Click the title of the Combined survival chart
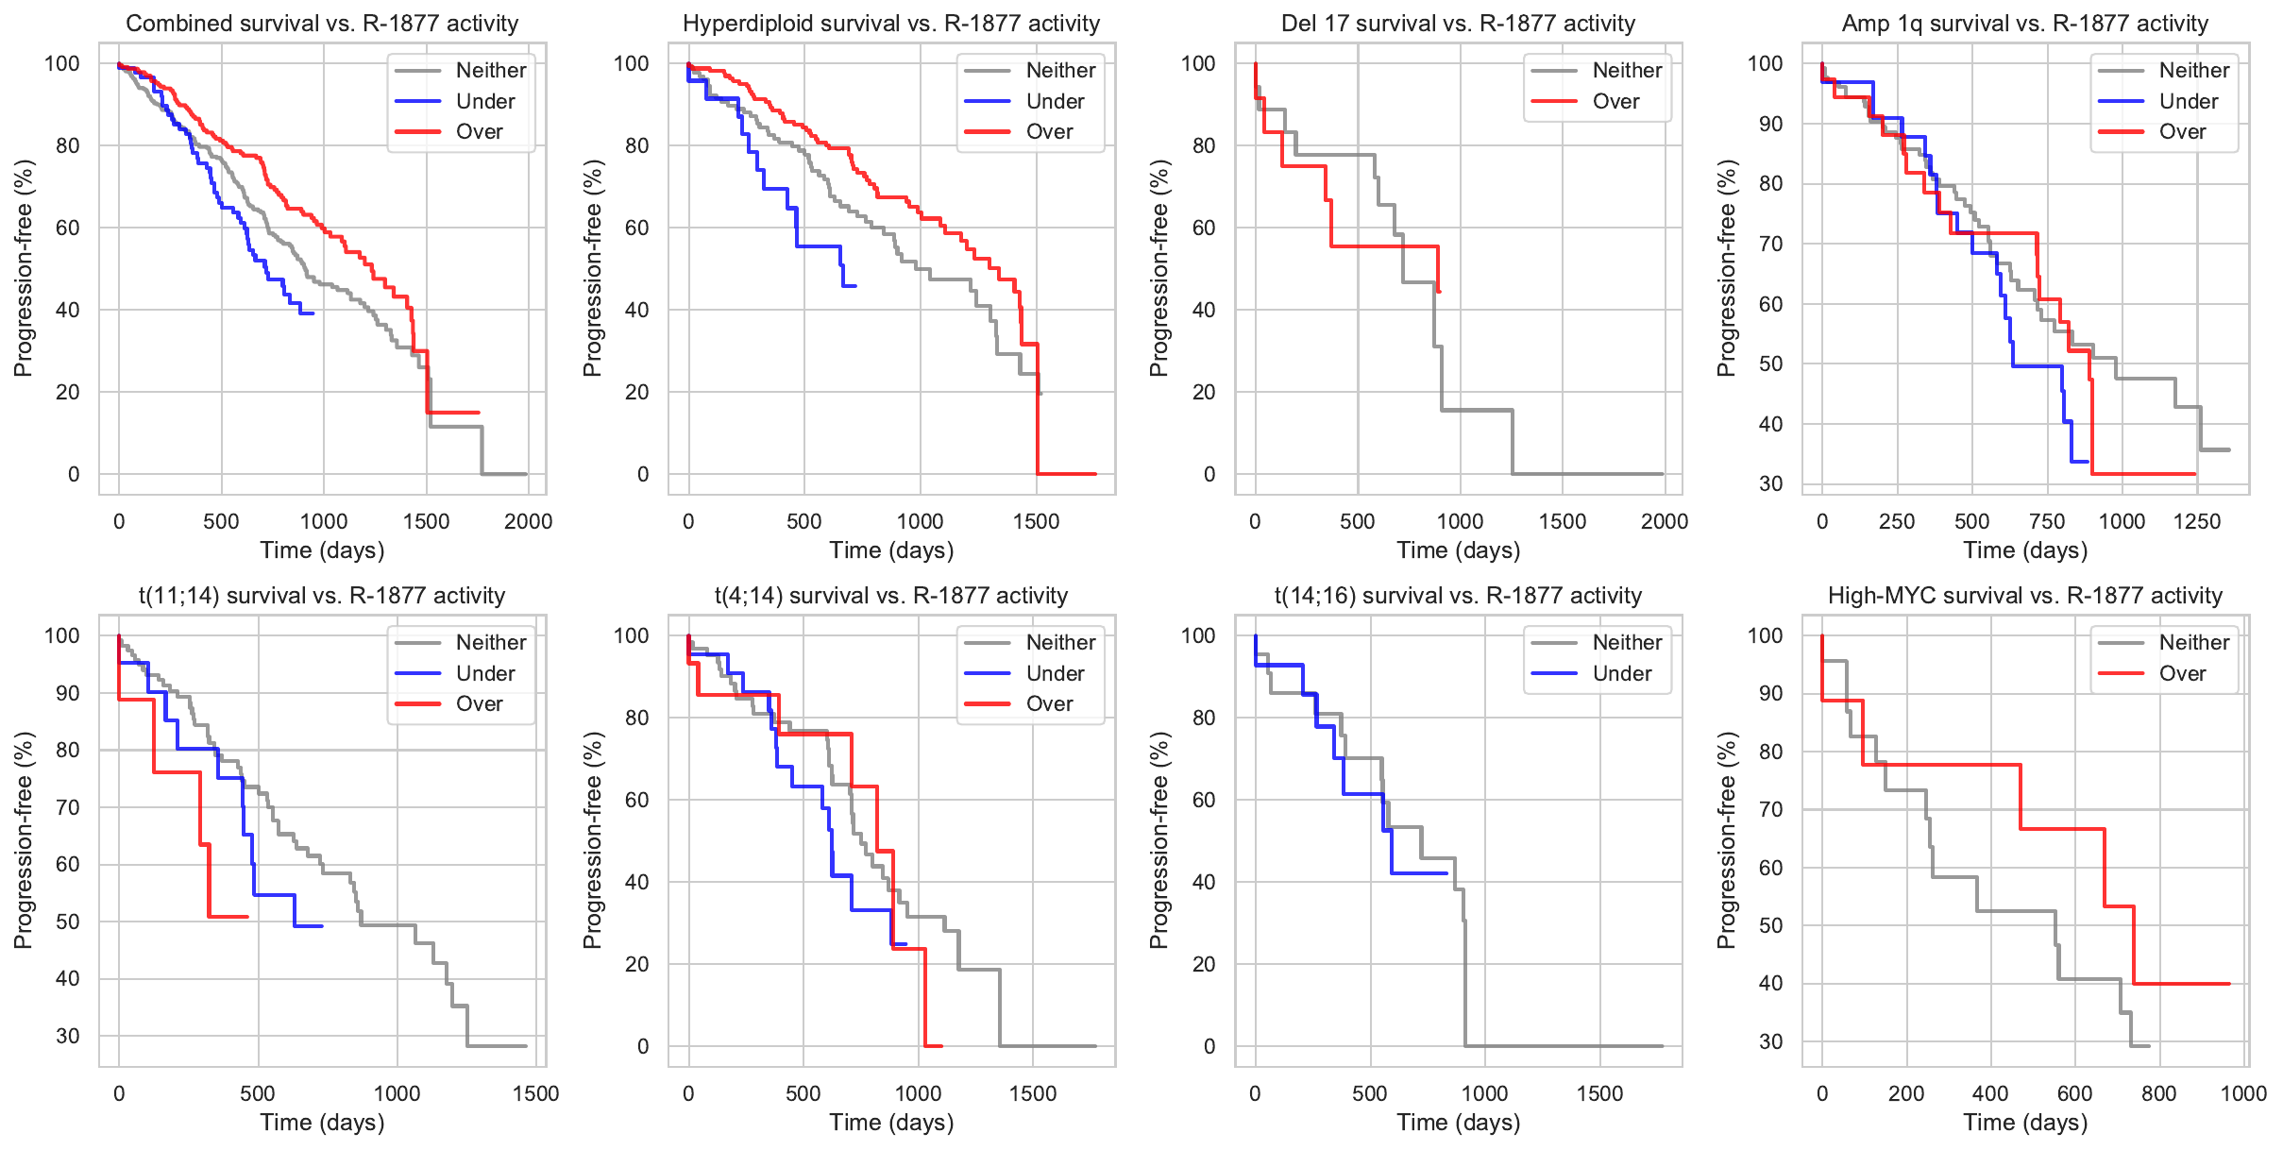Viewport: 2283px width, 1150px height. (x=322, y=24)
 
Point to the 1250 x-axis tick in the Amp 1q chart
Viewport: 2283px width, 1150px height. (x=2197, y=521)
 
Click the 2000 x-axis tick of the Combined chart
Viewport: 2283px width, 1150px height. (x=528, y=521)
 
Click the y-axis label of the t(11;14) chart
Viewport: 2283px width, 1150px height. (x=23, y=840)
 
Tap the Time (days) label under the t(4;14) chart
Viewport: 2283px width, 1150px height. (x=891, y=1122)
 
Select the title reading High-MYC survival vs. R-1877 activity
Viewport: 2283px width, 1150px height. (x=2025, y=596)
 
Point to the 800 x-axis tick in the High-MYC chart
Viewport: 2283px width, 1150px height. (x=2159, y=1093)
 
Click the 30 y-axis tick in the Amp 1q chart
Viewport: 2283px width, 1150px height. (x=1771, y=483)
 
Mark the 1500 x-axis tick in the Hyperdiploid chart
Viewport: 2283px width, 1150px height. (x=1036, y=521)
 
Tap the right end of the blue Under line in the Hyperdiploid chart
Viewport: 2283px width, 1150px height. (x=855, y=285)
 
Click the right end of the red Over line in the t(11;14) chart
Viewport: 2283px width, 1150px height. (x=247, y=916)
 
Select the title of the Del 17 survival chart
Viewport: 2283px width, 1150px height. (x=1458, y=24)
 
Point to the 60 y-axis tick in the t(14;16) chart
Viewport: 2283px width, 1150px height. (x=1203, y=800)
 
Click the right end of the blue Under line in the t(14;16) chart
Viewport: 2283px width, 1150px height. (x=1447, y=873)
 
